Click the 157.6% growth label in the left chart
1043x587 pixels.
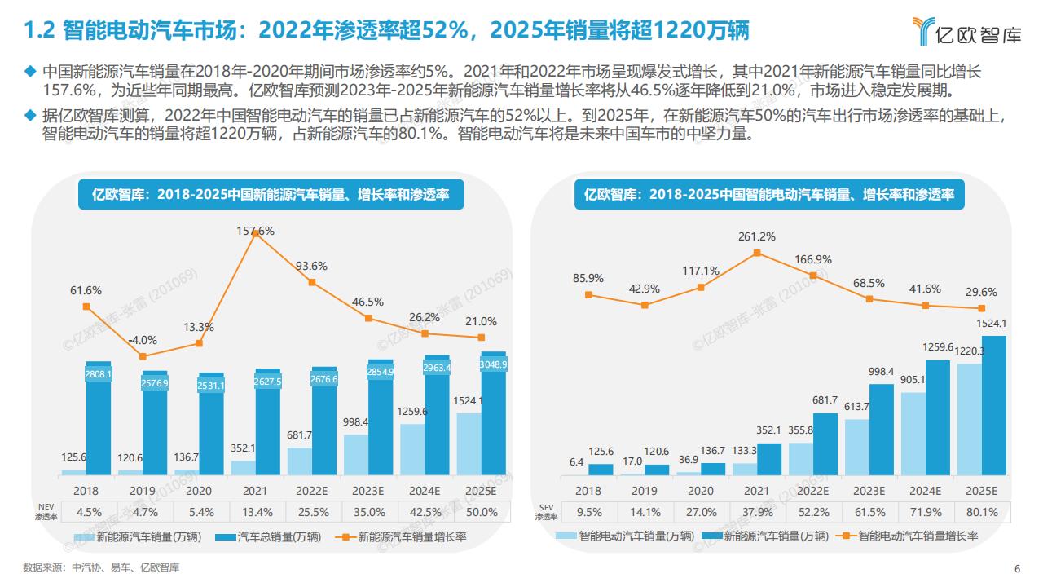click(x=255, y=231)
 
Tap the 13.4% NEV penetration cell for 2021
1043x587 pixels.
click(x=255, y=512)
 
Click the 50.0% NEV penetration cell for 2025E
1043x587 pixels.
click(x=482, y=512)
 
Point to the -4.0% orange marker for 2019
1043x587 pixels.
click(x=143, y=356)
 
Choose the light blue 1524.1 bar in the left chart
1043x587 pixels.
click(x=469, y=444)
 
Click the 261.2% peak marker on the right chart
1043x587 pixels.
click(x=757, y=253)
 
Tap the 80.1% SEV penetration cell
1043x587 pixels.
click(x=980, y=512)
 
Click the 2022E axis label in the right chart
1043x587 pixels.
click(x=812, y=491)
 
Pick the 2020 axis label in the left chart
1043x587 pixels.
click(x=199, y=491)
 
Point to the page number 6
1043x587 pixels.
click(x=1017, y=568)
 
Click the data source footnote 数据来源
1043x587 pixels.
click(x=101, y=567)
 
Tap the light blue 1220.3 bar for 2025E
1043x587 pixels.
click(x=969, y=419)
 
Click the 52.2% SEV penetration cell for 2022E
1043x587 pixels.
click(x=812, y=512)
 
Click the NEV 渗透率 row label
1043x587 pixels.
click(x=46, y=512)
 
